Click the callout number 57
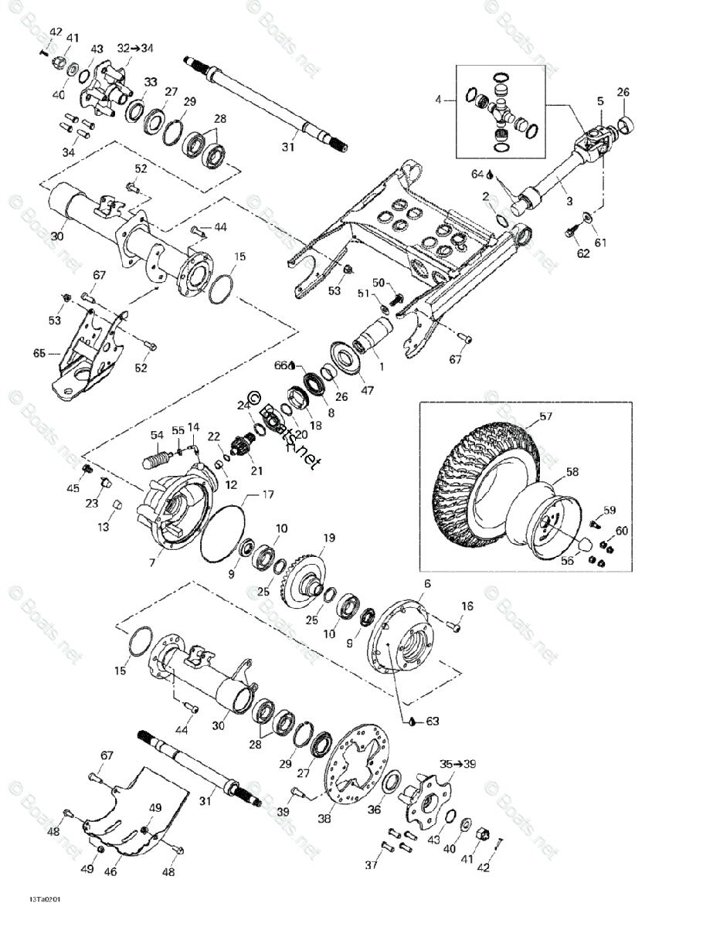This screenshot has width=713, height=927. (547, 418)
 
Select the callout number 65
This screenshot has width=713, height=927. (39, 353)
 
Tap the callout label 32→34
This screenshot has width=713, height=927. (135, 48)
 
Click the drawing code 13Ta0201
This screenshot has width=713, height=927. (46, 900)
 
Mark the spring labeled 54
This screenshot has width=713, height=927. (158, 459)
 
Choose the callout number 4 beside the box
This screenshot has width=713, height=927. (438, 100)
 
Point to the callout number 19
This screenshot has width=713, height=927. (329, 538)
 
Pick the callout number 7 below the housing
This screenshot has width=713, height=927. (151, 563)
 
